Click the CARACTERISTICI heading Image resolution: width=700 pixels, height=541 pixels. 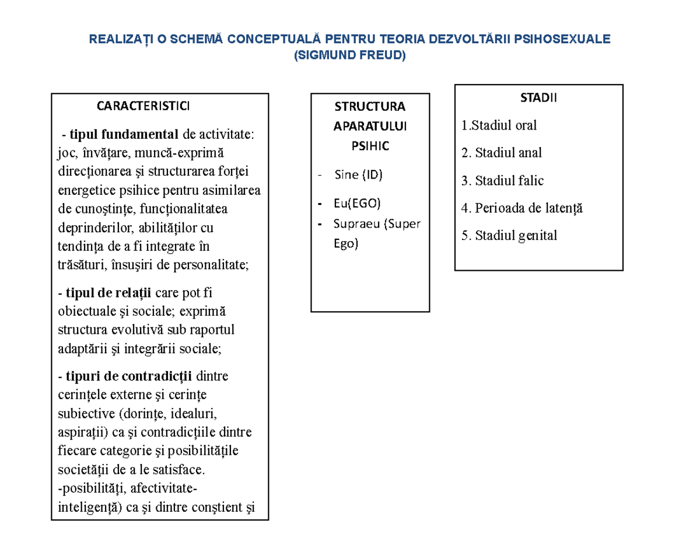coord(143,106)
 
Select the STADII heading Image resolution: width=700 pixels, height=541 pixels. coord(538,98)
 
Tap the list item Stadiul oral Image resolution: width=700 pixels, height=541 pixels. coord(499,125)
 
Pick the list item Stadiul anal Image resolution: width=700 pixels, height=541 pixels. coord(501,153)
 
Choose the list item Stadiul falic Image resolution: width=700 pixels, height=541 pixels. coord(502,180)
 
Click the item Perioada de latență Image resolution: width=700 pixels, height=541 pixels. coord(521,208)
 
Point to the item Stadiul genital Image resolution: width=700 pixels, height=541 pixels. coord(509,235)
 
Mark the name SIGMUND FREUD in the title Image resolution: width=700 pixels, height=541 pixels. coord(350,55)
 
